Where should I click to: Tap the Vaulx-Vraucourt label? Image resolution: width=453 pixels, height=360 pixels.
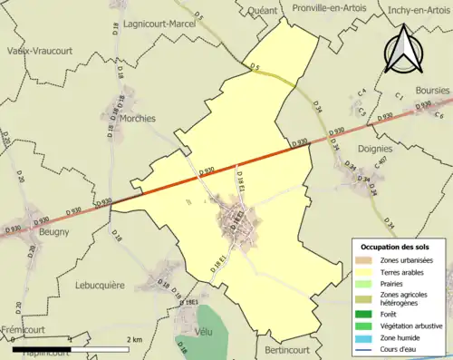tap(34, 52)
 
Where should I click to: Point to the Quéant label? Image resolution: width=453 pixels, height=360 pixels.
tap(259, 11)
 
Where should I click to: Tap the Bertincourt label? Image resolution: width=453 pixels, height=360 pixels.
tap(292, 349)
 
